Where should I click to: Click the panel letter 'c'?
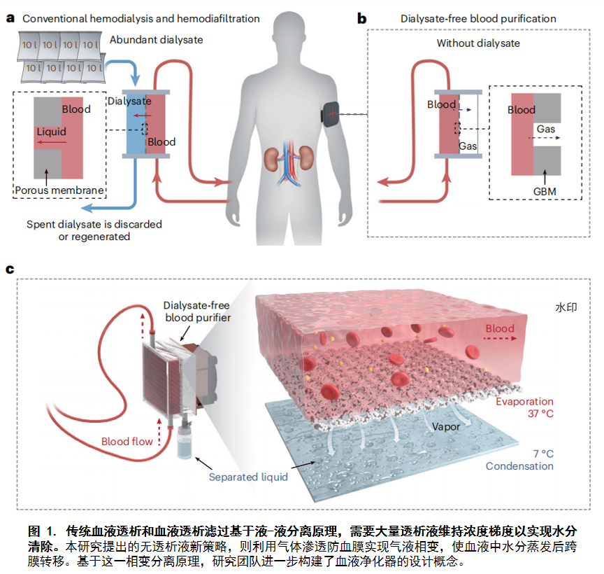[10, 269]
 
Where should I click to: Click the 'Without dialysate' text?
[478, 43]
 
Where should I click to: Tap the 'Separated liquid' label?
[248, 477]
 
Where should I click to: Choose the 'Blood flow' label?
[127, 441]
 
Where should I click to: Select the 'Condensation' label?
[519, 466]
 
